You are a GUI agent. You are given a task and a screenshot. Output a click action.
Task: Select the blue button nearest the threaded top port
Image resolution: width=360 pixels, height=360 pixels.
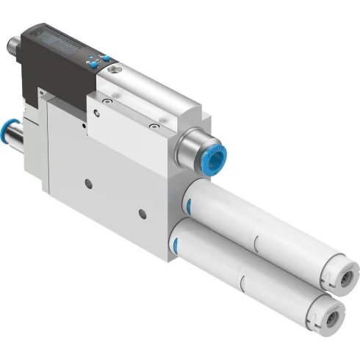click(105, 57)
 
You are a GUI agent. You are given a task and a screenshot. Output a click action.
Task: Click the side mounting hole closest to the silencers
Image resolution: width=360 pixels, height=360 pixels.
click(143, 214)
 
